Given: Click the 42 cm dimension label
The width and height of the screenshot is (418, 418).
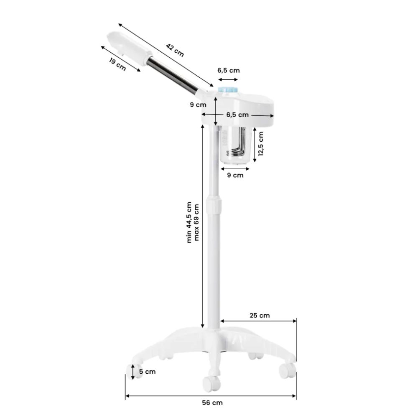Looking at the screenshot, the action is point(175,50).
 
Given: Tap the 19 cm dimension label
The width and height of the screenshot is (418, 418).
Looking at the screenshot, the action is point(117,64).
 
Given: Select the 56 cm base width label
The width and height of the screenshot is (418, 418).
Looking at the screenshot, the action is point(212,403).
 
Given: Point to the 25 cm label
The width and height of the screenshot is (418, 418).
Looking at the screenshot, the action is point(260,315).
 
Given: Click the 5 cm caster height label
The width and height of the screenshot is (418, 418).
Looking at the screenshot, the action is point(148,372).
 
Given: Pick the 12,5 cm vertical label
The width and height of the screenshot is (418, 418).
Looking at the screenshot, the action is point(260,144).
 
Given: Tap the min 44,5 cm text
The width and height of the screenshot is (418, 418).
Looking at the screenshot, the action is point(189,222).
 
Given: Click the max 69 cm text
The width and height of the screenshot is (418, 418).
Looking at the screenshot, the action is point(196,222).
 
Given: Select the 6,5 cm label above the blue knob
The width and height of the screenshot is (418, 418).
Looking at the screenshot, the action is point(229,70).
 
